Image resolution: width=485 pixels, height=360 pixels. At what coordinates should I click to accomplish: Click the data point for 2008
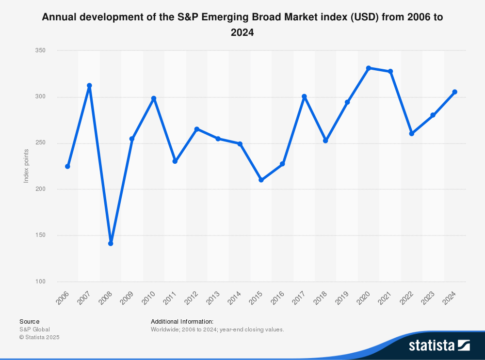[111, 243]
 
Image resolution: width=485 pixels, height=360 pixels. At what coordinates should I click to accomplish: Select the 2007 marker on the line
[89, 86]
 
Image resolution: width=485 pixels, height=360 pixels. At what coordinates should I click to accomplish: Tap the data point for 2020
[369, 68]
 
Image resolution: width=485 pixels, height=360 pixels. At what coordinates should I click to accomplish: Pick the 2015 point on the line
[261, 180]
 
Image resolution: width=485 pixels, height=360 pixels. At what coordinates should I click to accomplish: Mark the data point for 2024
[454, 92]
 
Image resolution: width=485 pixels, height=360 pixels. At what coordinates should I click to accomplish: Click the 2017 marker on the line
[304, 96]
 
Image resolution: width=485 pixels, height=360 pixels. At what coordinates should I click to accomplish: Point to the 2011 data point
[175, 161]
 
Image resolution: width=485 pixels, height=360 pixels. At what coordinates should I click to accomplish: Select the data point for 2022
[412, 134]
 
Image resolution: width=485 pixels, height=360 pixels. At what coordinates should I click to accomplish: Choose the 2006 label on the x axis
[63, 298]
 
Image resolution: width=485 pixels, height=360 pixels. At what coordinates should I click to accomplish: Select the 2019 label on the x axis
[342, 298]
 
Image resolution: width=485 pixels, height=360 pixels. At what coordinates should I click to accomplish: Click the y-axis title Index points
[27, 166]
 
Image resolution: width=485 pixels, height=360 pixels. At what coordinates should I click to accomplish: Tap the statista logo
[439, 345]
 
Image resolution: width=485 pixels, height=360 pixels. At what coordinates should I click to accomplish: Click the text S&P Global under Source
[34, 329]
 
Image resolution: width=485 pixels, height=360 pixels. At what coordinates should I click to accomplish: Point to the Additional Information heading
[182, 321]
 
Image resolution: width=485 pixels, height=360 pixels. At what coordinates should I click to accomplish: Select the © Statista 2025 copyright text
[39, 337]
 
